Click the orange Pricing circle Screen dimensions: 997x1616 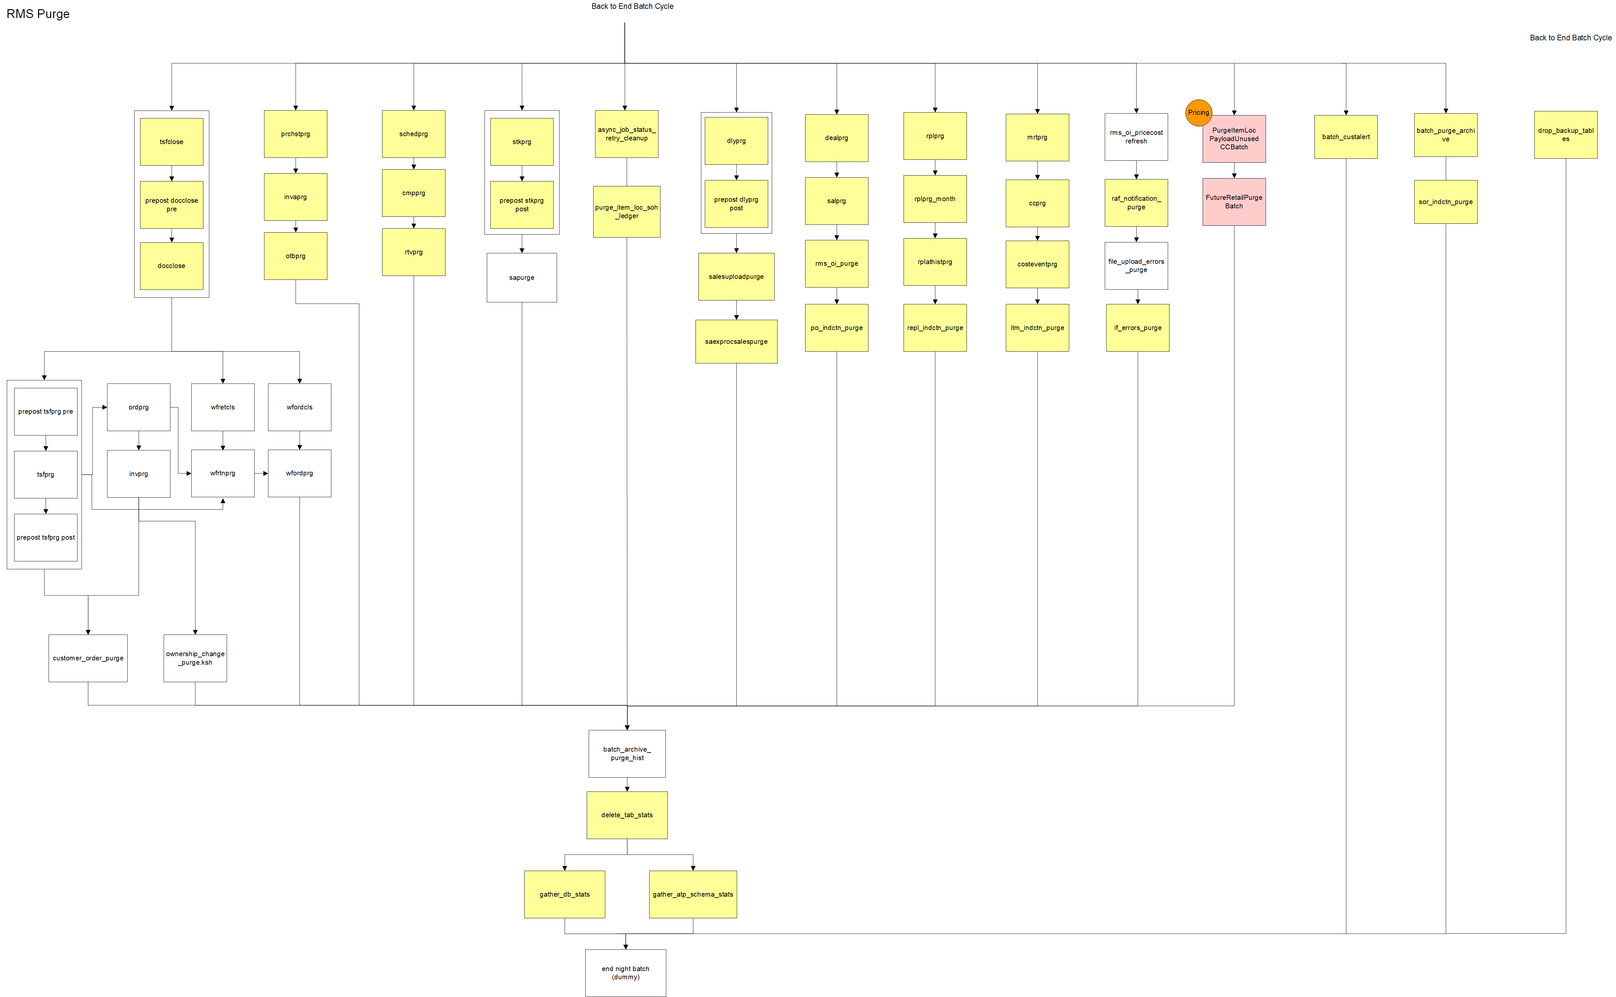[x=1198, y=113]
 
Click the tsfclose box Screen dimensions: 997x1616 [x=171, y=142]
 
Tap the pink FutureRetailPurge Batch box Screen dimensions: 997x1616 [x=1234, y=202]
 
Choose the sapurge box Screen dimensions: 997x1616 [x=521, y=278]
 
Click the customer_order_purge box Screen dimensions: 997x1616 [x=88, y=658]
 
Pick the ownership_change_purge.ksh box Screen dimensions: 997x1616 [x=195, y=658]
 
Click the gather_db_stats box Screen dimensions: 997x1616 [x=564, y=894]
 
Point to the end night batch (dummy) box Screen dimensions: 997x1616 [x=625, y=973]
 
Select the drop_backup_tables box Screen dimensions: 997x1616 [x=1565, y=135]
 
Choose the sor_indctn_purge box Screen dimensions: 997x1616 [x=1445, y=202]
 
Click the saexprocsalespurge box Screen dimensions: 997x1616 [x=736, y=342]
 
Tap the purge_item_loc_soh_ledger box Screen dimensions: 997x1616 [x=626, y=212]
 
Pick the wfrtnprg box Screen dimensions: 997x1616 [x=223, y=473]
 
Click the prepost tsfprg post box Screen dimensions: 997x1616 [x=46, y=537]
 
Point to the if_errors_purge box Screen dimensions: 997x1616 [x=1137, y=328]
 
